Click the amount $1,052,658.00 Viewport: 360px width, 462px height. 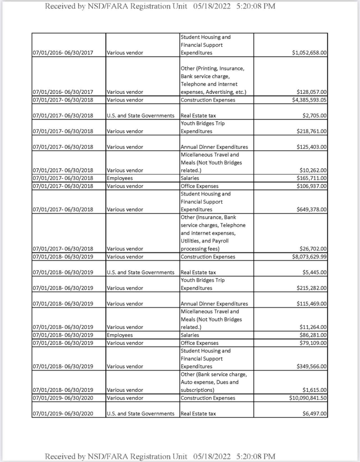[x=309, y=53]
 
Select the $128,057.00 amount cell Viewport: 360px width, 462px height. [x=311, y=92]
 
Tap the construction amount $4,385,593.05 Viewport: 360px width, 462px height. [x=309, y=100]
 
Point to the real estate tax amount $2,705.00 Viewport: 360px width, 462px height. [x=314, y=115]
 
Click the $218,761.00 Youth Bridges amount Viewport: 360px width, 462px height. [x=311, y=131]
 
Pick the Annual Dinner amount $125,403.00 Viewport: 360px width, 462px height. [x=311, y=147]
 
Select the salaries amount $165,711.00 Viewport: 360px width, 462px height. [x=311, y=178]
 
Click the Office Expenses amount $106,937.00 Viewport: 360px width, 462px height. [x=311, y=186]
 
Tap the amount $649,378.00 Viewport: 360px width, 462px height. [x=311, y=210]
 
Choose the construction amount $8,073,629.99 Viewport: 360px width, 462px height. [x=309, y=257]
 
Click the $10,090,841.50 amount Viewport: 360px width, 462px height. [x=308, y=398]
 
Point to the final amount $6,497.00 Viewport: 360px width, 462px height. [x=314, y=414]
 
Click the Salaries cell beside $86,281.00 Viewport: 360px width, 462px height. [x=190, y=335]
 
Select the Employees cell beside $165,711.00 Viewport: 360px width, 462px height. [x=120, y=178]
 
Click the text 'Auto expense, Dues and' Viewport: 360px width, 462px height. [x=210, y=382]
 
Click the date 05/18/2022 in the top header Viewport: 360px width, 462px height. [x=211, y=6]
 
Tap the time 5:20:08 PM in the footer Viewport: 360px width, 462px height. [x=256, y=456]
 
